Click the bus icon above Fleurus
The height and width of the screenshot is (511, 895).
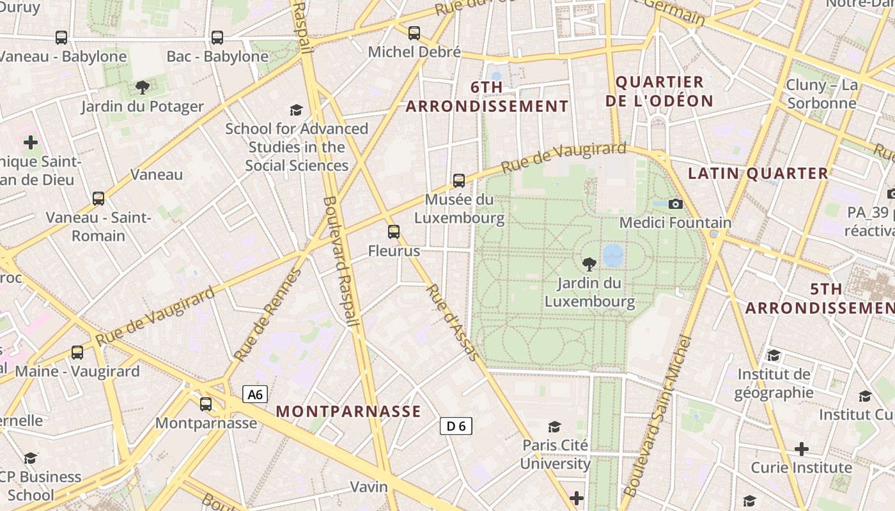click(x=394, y=232)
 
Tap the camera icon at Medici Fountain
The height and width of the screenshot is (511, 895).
click(x=675, y=204)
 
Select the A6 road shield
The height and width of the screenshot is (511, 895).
click(x=255, y=394)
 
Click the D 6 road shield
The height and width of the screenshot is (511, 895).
click(x=456, y=426)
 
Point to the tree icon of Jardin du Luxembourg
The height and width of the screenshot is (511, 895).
click(x=589, y=263)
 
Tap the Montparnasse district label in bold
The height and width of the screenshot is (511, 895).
click(x=348, y=411)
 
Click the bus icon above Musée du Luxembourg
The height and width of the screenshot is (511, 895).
click(x=459, y=181)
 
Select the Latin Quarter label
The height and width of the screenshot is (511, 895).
click(x=758, y=173)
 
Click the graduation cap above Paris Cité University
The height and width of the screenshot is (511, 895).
click(x=554, y=427)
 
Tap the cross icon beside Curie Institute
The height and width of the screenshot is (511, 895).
click(x=802, y=449)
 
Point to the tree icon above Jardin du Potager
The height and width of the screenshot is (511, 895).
click(x=142, y=88)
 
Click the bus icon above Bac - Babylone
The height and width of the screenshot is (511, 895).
click(x=217, y=38)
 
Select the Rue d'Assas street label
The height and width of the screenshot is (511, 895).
click(x=452, y=322)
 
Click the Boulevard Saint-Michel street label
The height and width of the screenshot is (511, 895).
click(x=658, y=415)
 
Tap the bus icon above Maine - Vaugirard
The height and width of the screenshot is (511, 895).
click(x=77, y=352)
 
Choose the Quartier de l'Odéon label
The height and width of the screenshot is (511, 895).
click(x=659, y=91)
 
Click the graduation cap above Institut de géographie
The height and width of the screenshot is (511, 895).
click(x=774, y=355)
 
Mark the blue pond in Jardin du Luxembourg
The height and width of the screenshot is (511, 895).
click(x=613, y=255)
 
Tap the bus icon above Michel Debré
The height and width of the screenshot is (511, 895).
click(x=414, y=33)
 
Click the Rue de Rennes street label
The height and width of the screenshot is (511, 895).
click(x=267, y=315)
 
